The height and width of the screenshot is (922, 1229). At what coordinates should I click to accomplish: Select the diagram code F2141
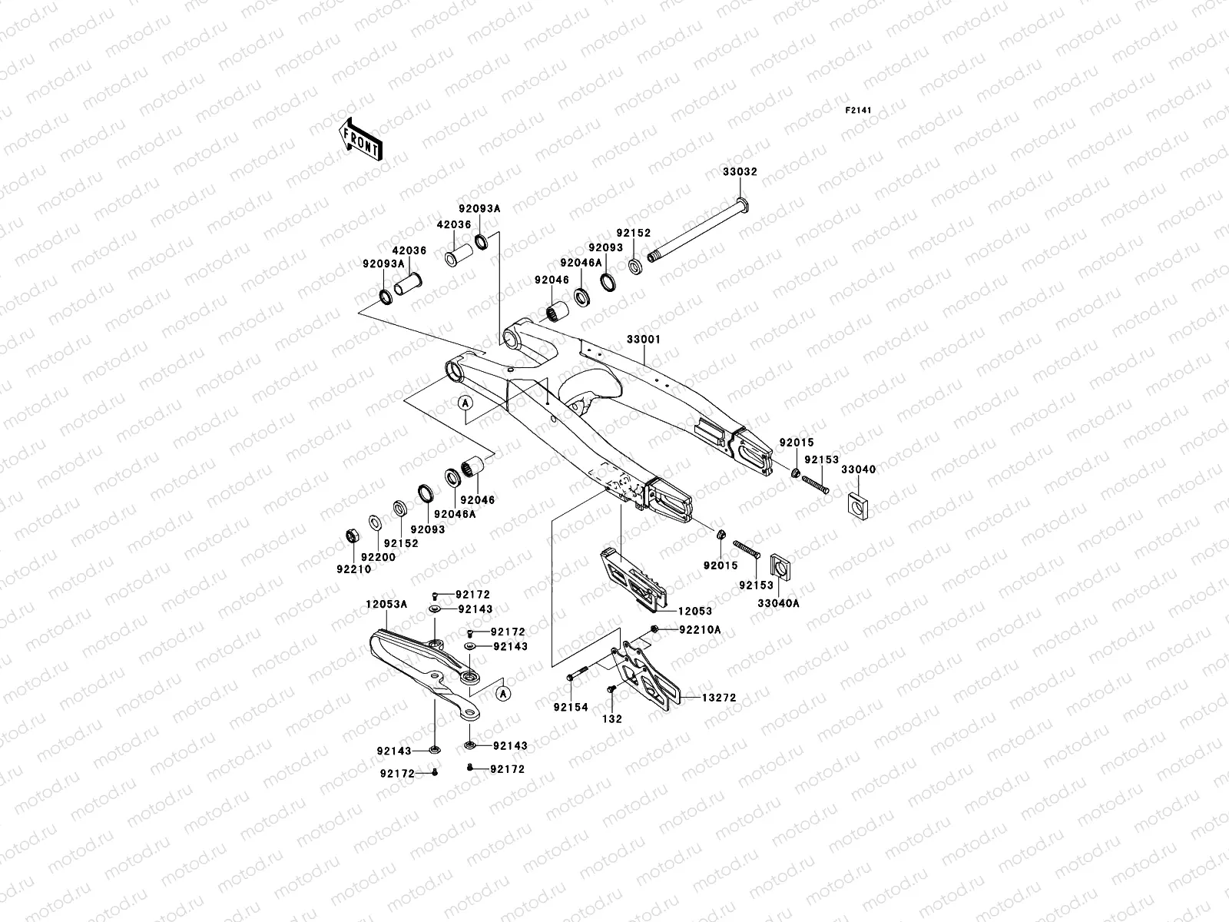[859, 111]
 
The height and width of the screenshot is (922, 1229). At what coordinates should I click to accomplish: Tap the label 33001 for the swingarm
[643, 339]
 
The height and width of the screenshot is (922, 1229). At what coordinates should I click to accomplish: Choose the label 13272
[719, 698]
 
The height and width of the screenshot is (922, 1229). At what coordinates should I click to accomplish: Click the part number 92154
[571, 707]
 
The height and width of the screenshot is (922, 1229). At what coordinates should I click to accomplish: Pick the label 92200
[378, 557]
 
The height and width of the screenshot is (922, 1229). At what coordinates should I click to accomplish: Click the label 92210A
[700, 629]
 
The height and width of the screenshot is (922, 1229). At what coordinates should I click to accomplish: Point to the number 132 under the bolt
[612, 719]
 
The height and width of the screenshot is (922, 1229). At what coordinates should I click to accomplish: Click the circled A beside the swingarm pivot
[465, 403]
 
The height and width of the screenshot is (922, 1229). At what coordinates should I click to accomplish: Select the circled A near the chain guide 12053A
[502, 693]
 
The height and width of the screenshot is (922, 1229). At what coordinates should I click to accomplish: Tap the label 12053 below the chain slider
[694, 612]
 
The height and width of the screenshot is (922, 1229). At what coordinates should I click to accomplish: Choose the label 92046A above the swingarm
[581, 262]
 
